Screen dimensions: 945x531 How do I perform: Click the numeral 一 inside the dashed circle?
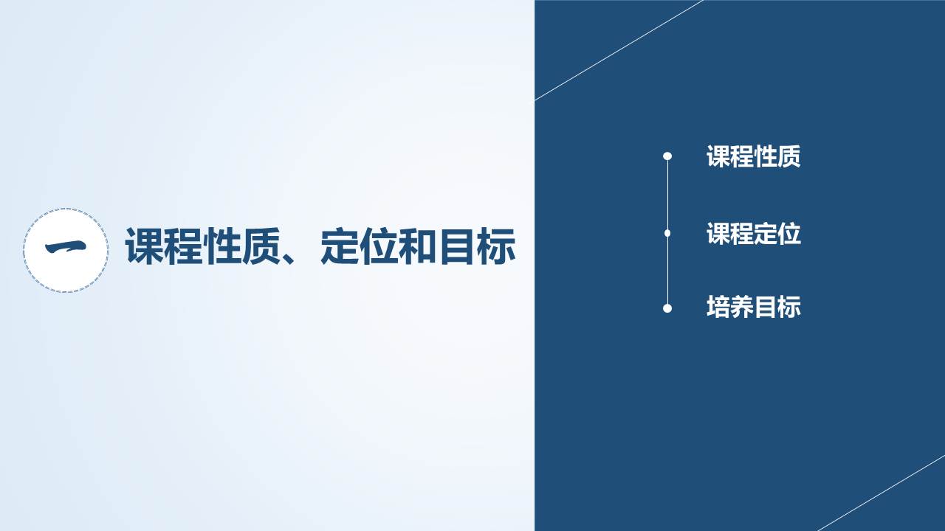point(66,247)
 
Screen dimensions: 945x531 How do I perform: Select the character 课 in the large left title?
point(143,246)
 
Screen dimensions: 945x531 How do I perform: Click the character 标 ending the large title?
point(496,246)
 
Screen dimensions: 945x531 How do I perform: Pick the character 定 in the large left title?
point(339,246)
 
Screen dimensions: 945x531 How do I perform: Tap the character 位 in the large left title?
point(378,246)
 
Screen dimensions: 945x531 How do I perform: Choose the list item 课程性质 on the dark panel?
point(754,156)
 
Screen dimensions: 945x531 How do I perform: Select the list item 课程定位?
point(754,234)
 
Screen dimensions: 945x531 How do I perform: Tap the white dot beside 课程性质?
point(667,156)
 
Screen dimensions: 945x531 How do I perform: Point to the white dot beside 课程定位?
point(667,233)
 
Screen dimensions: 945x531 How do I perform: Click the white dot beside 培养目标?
point(667,308)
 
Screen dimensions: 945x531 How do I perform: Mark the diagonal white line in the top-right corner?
point(619,50)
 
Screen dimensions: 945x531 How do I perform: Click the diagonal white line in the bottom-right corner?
point(882,493)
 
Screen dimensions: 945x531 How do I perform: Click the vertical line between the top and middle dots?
point(667,195)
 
